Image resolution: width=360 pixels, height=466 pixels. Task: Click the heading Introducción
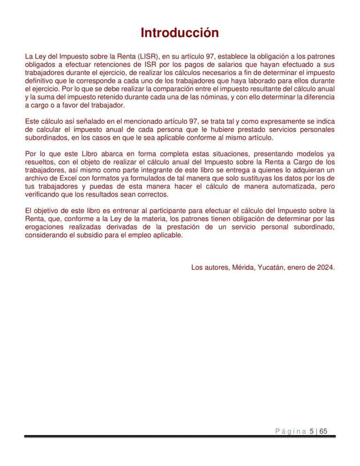pos(180,33)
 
